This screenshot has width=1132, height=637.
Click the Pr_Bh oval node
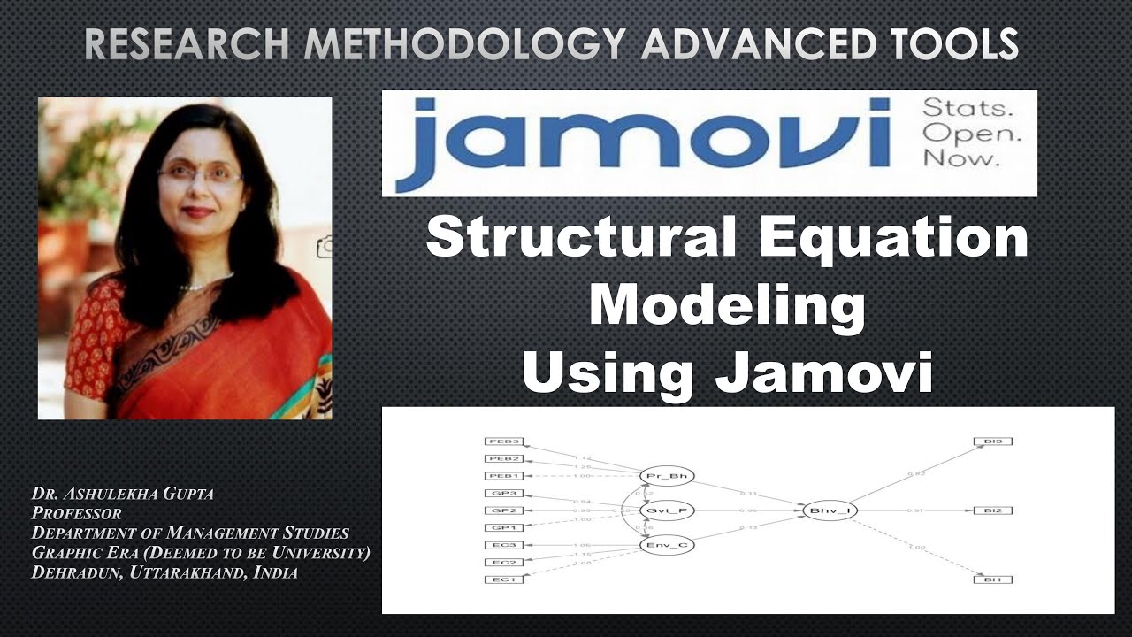[x=667, y=476]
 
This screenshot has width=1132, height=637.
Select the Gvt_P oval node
[x=667, y=510]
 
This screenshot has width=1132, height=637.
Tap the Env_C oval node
[x=667, y=544]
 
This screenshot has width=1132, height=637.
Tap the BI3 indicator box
[x=992, y=441]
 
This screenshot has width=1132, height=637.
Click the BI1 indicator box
[x=992, y=579]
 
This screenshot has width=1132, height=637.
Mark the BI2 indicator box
[x=992, y=510]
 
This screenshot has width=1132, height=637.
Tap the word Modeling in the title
[x=727, y=306]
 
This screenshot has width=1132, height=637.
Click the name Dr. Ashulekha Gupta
[x=122, y=494]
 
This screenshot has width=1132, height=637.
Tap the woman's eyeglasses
[x=200, y=174]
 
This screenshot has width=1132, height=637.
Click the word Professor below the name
[x=76, y=513]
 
